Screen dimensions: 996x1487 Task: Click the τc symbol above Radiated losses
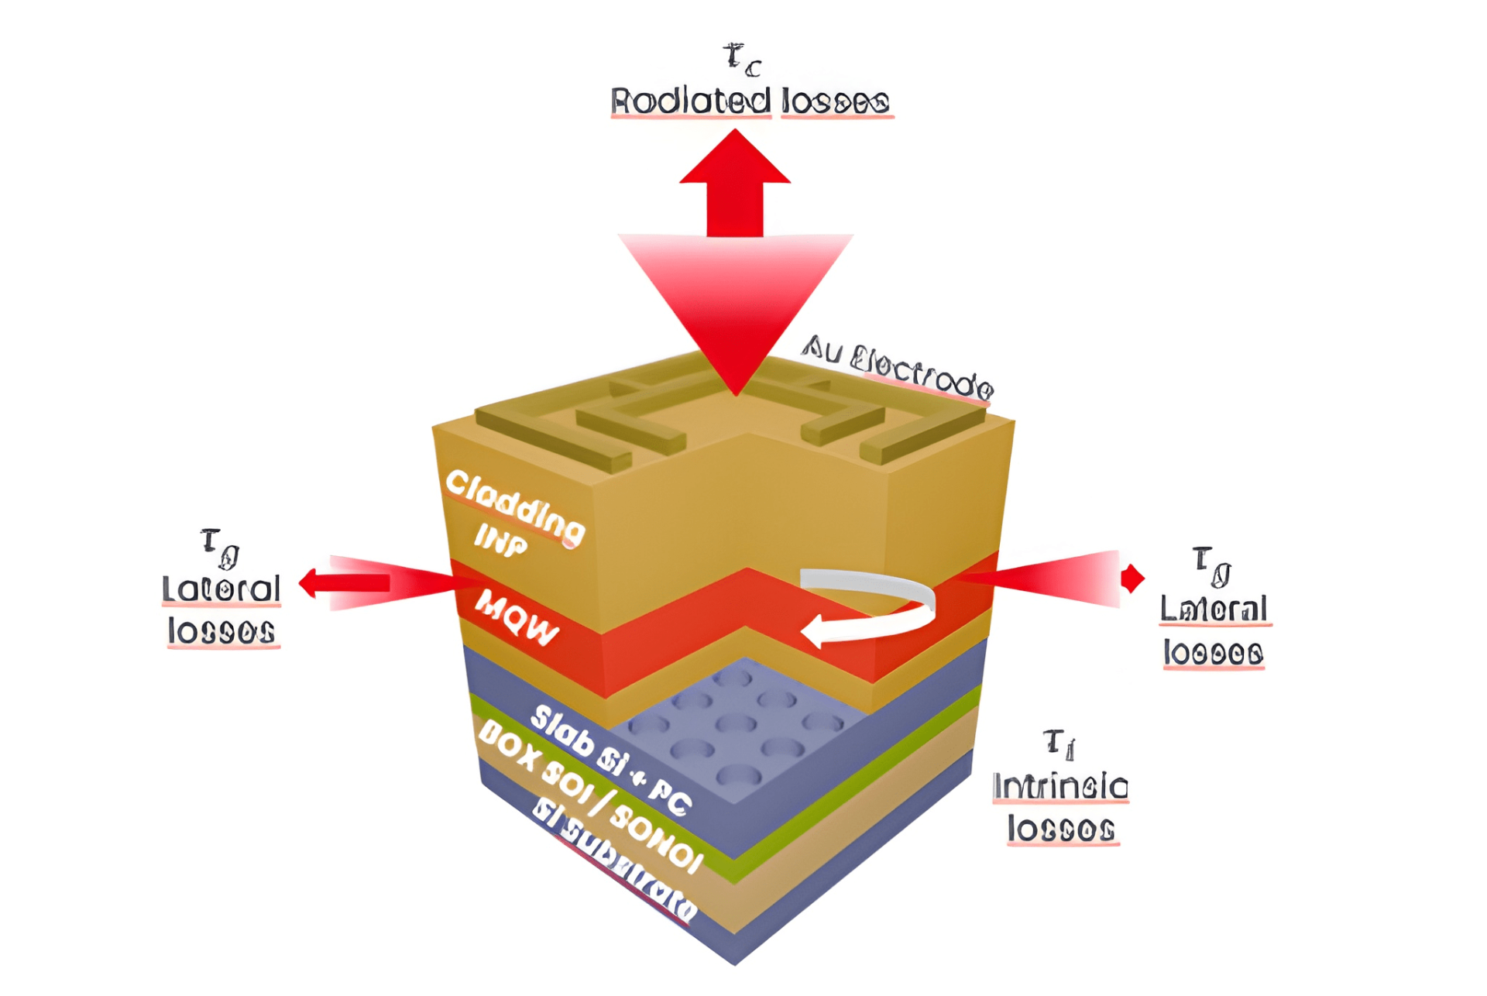pos(742,60)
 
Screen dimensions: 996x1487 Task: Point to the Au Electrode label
pos(897,366)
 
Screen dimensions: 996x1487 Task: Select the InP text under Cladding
pos(500,539)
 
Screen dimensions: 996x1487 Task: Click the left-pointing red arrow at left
pos(345,582)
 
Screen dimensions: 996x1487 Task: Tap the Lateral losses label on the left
pos(222,610)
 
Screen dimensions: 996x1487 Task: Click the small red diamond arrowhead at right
pos(1132,578)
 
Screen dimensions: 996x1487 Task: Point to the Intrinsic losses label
pos(1060,808)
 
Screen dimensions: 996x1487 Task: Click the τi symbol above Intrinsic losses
pos(1059,744)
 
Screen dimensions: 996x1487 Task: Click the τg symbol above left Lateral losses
pos(220,547)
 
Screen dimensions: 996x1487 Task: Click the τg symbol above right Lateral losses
pos(1211,565)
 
